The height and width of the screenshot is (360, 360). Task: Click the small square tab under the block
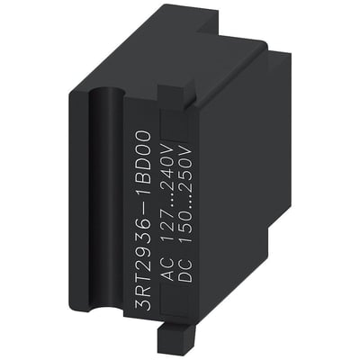(193, 341)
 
